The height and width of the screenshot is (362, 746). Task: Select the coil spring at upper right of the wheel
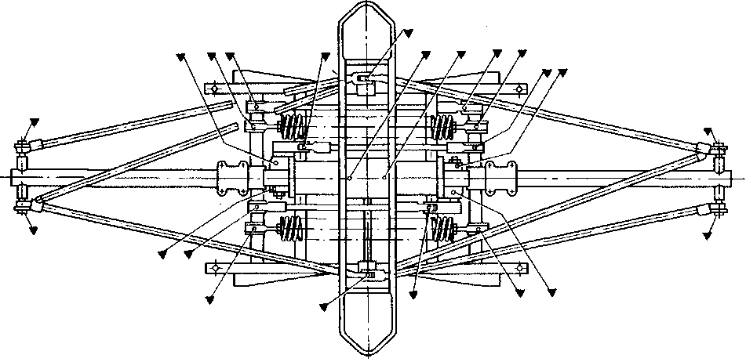442,125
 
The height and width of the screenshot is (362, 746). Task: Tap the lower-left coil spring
292,228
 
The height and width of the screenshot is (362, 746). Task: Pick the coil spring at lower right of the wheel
442,228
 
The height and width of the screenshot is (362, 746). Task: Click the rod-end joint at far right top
717,147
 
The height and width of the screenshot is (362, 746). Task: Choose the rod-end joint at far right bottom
717,209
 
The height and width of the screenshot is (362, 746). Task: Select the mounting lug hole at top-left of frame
211,87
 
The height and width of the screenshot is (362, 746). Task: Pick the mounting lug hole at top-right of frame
520,87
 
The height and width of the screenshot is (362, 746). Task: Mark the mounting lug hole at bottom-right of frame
520,268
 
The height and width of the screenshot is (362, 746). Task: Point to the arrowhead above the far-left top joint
33,124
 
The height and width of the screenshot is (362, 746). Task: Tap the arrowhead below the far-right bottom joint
707,234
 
